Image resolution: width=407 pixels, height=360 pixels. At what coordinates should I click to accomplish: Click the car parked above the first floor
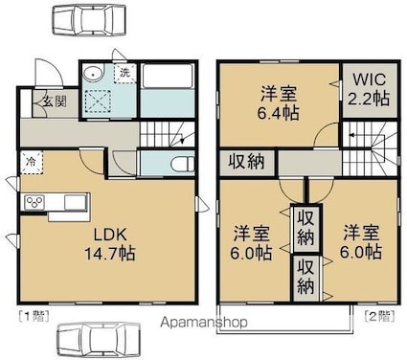coord(88,20)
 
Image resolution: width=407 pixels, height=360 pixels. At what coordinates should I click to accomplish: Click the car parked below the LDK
coord(99,338)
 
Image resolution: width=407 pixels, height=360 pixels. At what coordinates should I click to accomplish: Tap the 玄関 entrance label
coord(55,101)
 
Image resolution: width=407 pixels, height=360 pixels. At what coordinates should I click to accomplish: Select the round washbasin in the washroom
coord(93,75)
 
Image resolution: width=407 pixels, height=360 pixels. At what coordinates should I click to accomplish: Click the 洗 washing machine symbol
coord(125,73)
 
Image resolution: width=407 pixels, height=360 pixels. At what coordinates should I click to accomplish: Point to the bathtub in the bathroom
coord(167,77)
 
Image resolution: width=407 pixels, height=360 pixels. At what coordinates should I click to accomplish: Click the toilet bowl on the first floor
coord(182,164)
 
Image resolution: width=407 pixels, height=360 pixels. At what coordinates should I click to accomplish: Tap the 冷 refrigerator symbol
coord(32,162)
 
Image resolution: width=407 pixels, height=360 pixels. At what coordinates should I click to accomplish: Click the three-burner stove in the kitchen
coord(34,202)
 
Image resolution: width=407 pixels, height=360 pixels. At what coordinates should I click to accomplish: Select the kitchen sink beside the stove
coord(76,202)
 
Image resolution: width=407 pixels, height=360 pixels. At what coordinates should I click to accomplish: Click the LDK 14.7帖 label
coord(109,244)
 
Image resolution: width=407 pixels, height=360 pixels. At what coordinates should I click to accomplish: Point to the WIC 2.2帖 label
coord(369,90)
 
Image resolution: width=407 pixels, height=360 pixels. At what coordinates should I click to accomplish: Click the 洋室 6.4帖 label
coord(278,103)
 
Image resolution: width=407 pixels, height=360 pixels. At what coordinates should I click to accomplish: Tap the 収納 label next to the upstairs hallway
coord(246,162)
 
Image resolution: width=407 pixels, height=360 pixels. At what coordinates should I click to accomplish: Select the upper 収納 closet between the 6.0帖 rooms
coord(305,228)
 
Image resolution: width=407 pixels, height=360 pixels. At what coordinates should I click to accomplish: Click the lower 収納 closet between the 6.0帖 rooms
coord(305,278)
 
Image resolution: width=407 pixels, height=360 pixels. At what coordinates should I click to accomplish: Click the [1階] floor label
coord(34,317)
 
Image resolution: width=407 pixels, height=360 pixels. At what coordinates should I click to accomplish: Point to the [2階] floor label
coord(379,316)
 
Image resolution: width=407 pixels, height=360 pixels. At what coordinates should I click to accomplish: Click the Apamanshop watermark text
coord(204,322)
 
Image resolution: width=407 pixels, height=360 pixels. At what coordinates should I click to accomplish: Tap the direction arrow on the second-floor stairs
coord(352,137)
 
